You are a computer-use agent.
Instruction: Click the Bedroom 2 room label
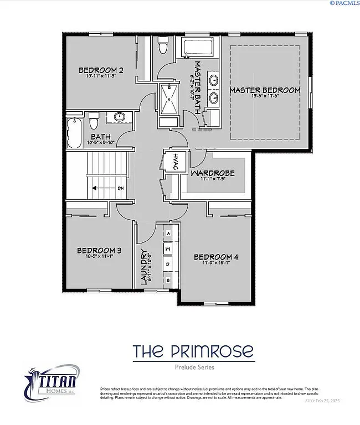(101, 70)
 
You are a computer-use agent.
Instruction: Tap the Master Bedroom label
(265, 90)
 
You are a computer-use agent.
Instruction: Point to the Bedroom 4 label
(216, 257)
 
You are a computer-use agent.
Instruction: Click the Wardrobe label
(213, 173)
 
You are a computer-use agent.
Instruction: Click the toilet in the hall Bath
(94, 118)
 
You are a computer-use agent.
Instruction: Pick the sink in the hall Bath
(119, 117)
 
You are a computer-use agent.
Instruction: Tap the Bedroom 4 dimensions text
(215, 263)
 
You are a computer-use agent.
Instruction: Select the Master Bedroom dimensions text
(265, 96)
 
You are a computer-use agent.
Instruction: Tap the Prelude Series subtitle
(193, 367)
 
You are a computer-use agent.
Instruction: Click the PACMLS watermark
(344, 3)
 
